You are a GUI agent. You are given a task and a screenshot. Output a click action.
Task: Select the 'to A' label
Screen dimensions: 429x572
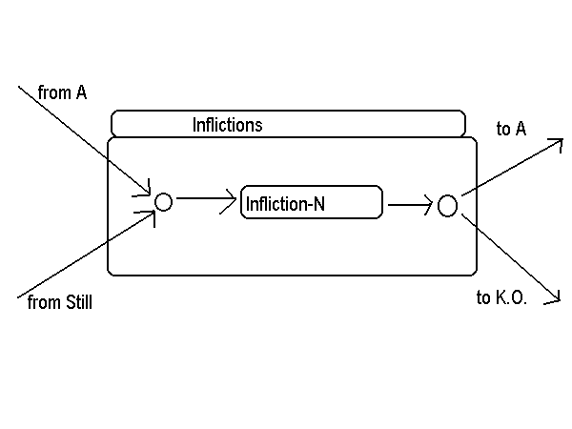pyautogui.click(x=511, y=129)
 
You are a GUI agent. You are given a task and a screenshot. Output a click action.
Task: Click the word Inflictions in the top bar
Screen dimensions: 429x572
pyautogui.click(x=227, y=124)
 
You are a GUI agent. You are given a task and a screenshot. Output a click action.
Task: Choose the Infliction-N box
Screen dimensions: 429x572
pyautogui.click(x=312, y=202)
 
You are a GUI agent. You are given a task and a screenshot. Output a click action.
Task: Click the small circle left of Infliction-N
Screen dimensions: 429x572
pyautogui.click(x=163, y=202)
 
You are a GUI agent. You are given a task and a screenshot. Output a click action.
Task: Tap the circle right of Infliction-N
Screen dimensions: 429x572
pyautogui.click(x=447, y=205)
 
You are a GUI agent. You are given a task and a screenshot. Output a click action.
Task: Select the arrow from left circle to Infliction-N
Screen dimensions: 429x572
pyautogui.click(x=205, y=199)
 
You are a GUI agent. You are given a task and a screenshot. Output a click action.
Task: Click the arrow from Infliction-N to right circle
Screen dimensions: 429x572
pyautogui.click(x=410, y=203)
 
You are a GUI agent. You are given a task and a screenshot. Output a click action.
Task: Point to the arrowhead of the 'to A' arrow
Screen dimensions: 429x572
pyautogui.click(x=562, y=145)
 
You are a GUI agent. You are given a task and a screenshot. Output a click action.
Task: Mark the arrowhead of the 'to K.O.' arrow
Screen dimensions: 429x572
pyautogui.click(x=556, y=298)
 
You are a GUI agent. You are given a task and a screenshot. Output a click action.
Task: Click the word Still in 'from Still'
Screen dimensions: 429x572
pyautogui.click(x=76, y=302)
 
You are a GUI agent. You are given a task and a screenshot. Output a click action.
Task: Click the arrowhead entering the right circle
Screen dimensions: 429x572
pyautogui.click(x=429, y=203)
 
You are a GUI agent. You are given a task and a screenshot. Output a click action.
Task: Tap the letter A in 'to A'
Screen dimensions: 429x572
pyautogui.click(x=521, y=129)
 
